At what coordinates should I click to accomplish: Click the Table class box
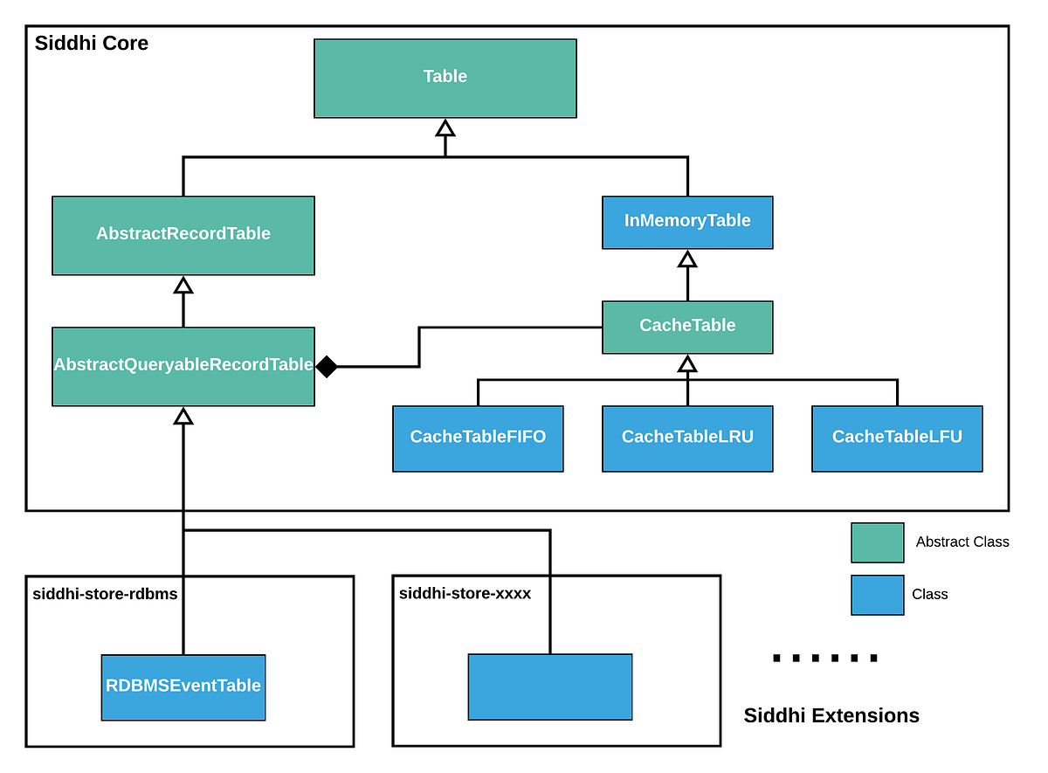click(x=445, y=78)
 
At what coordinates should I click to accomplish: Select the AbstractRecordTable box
click(x=183, y=235)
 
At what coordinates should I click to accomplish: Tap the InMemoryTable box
click(x=687, y=222)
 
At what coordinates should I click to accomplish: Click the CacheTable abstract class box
click(x=687, y=327)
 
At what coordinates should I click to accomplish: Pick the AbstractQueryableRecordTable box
click(x=183, y=366)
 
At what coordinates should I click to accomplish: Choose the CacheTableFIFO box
click(x=478, y=438)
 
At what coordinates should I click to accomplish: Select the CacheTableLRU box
click(x=687, y=438)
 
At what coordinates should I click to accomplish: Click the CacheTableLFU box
click(x=897, y=438)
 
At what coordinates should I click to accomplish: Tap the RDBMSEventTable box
click(x=183, y=687)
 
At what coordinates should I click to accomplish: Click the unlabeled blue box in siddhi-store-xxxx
click(x=550, y=687)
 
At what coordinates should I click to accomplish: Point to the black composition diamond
click(x=326, y=367)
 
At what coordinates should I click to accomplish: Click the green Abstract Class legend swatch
click(x=877, y=542)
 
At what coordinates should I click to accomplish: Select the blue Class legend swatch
click(x=877, y=594)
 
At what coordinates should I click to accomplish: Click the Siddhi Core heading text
click(x=92, y=43)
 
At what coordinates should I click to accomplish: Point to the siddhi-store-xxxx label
click(x=465, y=594)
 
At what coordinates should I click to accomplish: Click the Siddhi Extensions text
click(x=831, y=716)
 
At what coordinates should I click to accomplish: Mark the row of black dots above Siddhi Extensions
click(x=825, y=659)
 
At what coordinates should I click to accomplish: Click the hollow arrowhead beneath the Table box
click(x=445, y=128)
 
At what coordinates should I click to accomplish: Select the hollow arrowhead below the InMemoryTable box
click(x=687, y=259)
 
